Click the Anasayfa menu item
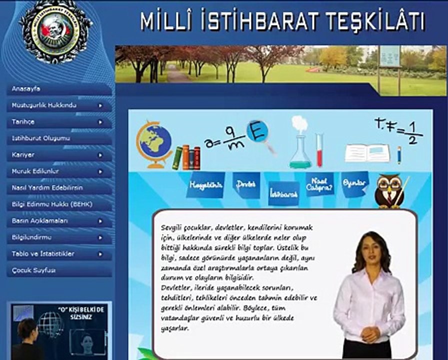(x=26, y=89)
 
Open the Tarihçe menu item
(x=23, y=122)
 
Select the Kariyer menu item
(x=23, y=155)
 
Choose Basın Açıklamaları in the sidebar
(x=40, y=220)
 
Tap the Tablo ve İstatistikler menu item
(x=43, y=253)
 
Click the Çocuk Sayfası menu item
(x=34, y=270)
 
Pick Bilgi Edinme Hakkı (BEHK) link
(x=52, y=204)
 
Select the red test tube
(x=319, y=150)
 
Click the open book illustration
(x=367, y=153)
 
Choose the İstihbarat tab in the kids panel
(x=283, y=193)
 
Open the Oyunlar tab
(x=354, y=183)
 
